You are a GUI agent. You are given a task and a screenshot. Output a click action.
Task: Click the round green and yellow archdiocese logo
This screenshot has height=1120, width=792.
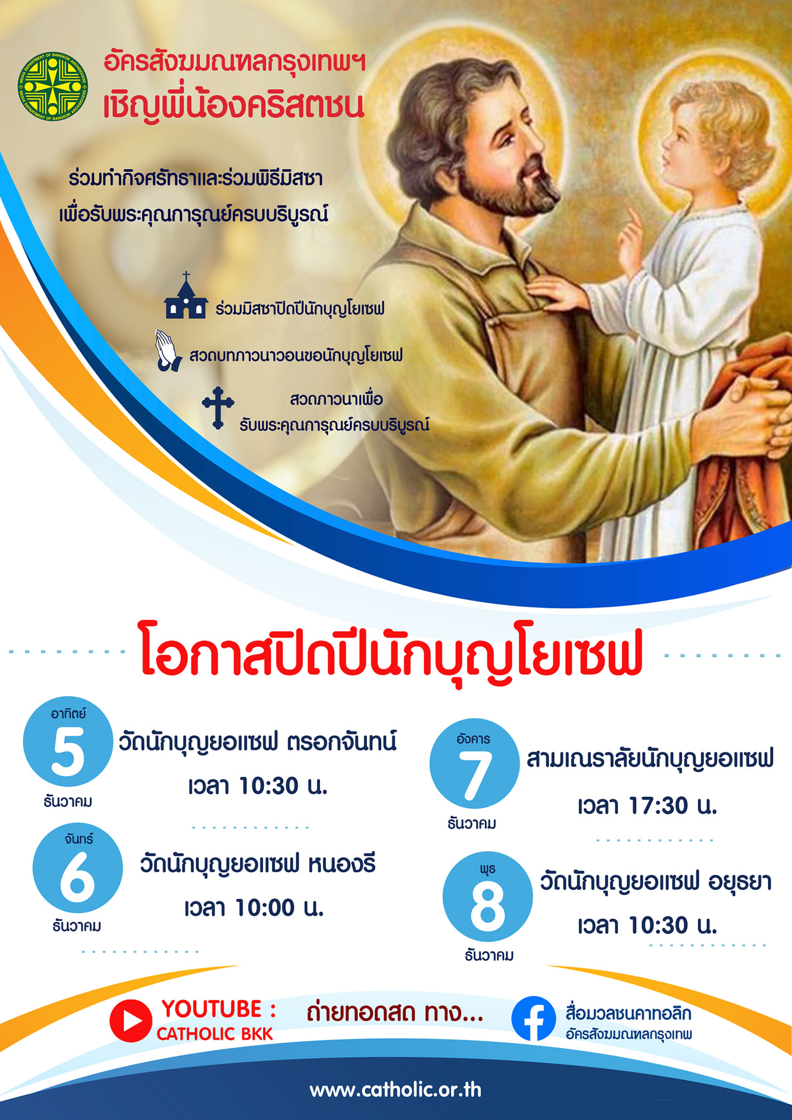click(53, 86)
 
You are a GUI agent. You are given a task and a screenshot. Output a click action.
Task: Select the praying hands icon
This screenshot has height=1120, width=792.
click(168, 351)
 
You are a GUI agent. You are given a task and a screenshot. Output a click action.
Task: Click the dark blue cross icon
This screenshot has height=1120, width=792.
click(218, 408)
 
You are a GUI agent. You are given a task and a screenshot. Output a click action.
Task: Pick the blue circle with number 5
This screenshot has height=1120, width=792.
click(68, 741)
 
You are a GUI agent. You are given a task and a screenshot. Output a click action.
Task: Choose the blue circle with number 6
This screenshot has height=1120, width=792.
click(78, 868)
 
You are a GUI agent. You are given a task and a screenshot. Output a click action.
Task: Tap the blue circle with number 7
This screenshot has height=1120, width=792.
click(474, 763)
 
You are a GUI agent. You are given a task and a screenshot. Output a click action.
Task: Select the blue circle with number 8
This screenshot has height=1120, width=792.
click(487, 896)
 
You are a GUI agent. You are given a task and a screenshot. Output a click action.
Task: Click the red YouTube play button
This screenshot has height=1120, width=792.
click(131, 1020)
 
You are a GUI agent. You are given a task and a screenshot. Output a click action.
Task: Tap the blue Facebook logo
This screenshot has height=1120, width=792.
click(533, 1019)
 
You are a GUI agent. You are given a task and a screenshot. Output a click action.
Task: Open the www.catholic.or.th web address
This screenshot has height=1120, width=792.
click(395, 1090)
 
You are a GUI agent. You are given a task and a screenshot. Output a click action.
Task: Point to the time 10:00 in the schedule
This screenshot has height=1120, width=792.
click(265, 908)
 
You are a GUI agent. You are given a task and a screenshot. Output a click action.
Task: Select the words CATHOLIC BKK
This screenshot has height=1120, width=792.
click(214, 1034)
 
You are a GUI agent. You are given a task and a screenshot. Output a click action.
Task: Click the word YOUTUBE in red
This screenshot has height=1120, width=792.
click(212, 1009)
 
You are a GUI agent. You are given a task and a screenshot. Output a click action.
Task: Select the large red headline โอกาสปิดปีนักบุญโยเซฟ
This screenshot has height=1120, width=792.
click(391, 654)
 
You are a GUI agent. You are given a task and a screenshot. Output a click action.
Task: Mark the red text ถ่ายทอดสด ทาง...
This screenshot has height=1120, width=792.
click(395, 1013)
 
